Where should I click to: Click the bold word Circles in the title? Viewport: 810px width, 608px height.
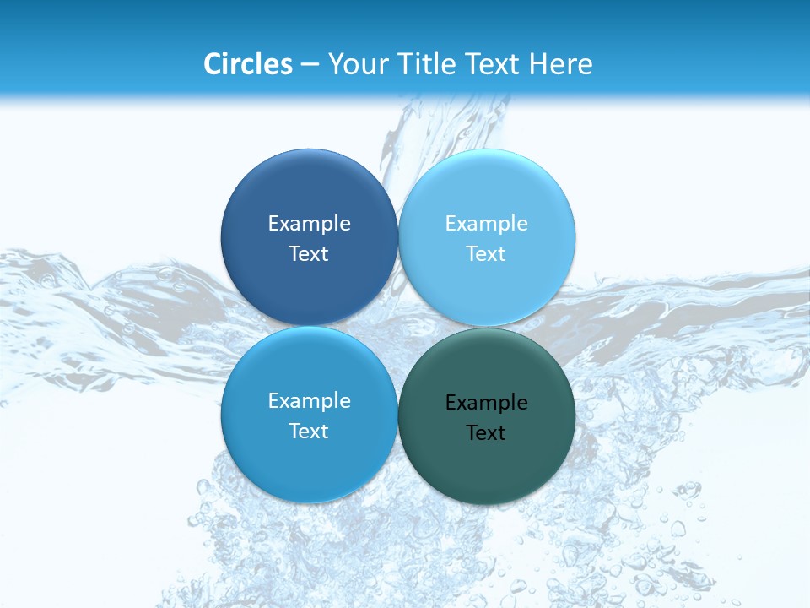pyautogui.click(x=247, y=63)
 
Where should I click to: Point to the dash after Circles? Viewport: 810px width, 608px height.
pyautogui.click(x=310, y=64)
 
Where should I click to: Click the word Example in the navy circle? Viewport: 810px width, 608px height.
pyautogui.click(x=309, y=223)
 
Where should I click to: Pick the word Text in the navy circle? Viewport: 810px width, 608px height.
pyautogui.click(x=309, y=253)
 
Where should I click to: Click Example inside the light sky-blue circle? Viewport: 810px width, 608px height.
pyautogui.click(x=486, y=223)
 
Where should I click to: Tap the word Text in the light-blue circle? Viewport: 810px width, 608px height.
pyautogui.click(x=486, y=253)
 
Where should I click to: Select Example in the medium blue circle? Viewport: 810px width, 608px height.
pyautogui.click(x=309, y=400)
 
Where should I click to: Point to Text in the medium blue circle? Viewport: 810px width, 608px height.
pyautogui.click(x=309, y=431)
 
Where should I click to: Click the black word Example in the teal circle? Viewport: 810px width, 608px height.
pyautogui.click(x=486, y=402)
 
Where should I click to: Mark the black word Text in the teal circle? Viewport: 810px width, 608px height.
pyautogui.click(x=486, y=432)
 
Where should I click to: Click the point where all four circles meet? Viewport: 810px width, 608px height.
pyautogui.click(x=398, y=326)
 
